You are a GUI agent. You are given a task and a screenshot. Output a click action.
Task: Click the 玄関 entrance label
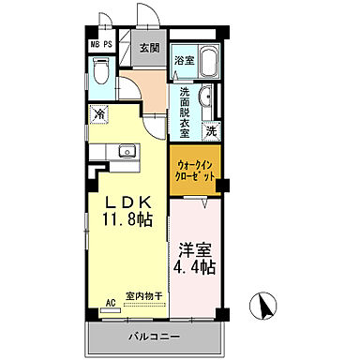[150, 49]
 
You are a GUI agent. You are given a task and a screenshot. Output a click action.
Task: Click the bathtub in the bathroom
[204, 65]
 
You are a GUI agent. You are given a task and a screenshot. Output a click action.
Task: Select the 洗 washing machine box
[212, 128]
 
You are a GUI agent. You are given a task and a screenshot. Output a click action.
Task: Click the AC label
[110, 303]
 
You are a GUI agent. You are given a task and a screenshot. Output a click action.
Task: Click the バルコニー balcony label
[153, 335]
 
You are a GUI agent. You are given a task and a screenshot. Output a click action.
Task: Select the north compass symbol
[263, 304]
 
